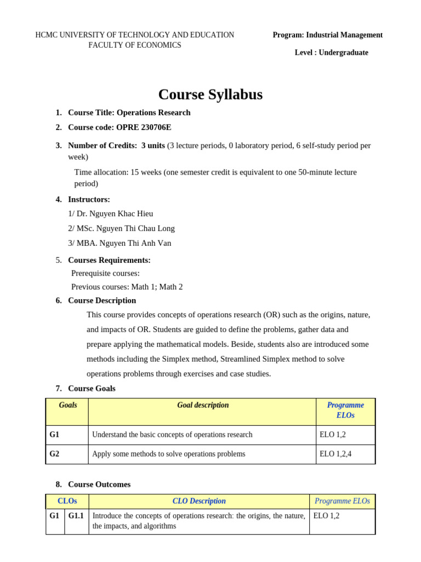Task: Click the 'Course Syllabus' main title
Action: (210, 95)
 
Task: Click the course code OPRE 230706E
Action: (144, 127)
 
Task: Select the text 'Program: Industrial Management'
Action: (327, 35)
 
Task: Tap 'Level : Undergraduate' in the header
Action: (331, 53)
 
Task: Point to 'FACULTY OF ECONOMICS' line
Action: (135, 45)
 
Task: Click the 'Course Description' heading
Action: (102, 301)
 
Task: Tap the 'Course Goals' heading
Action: (92, 389)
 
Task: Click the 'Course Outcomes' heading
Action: (99, 485)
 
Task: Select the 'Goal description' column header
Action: (203, 406)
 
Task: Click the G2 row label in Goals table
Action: (54, 454)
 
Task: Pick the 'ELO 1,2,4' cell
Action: (336, 454)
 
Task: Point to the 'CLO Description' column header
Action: (199, 501)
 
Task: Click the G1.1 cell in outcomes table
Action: (76, 516)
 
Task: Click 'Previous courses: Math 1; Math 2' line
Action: (127, 286)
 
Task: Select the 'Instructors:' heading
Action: (89, 200)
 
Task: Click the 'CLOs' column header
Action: (67, 501)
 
